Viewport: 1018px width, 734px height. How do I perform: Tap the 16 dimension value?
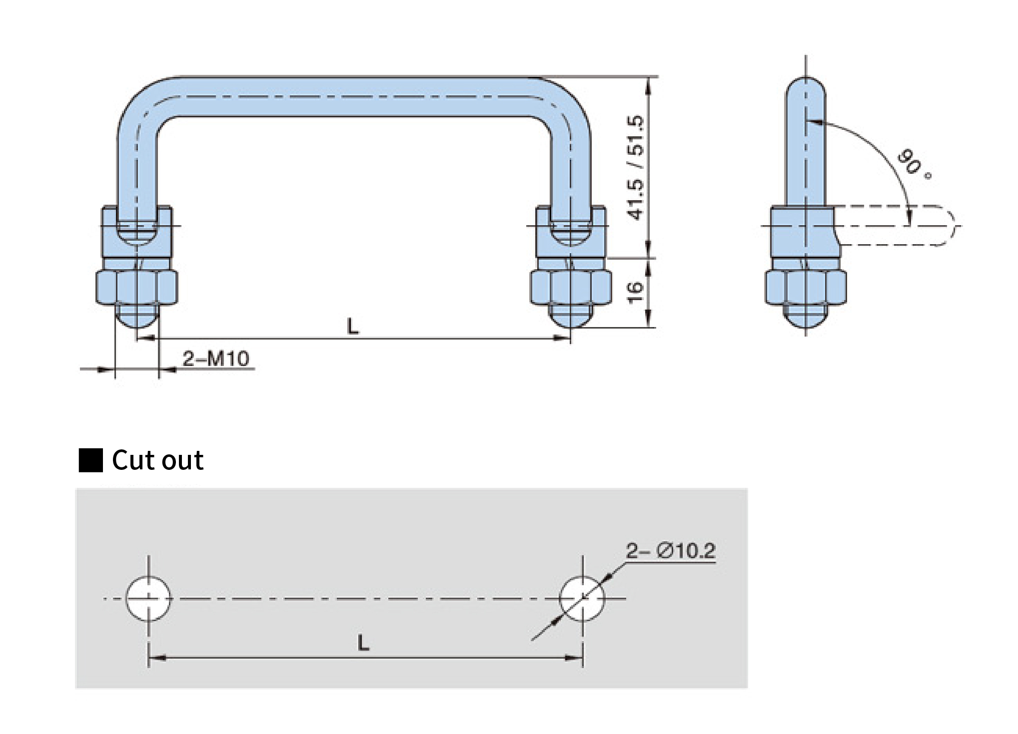coord(635,292)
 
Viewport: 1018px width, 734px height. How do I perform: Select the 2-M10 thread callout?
coord(215,359)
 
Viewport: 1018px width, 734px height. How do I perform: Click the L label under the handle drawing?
coord(353,327)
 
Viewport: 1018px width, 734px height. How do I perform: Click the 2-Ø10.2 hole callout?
coord(671,551)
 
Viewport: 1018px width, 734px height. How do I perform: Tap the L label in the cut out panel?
coord(363,643)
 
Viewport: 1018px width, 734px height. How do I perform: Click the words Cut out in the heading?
coord(157,460)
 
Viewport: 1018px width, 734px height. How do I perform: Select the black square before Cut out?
coord(90,460)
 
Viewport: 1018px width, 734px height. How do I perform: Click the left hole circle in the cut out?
coord(148,598)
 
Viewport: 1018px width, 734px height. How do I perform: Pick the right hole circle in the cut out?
coord(582,598)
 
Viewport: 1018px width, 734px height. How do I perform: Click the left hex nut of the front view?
coord(136,288)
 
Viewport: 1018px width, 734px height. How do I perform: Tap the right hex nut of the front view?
coord(571,288)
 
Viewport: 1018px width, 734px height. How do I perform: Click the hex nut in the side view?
coord(805,288)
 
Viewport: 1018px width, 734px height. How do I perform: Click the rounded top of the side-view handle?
coord(806,87)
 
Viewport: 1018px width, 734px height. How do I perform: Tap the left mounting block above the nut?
coord(136,232)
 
